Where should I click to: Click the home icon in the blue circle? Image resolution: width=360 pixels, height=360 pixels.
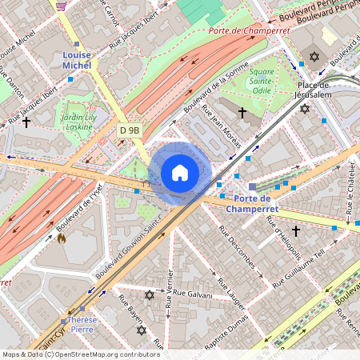tap(180, 173)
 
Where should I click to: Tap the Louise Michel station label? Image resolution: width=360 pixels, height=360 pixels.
tap(77, 60)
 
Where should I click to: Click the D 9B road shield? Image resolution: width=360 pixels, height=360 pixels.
tap(130, 130)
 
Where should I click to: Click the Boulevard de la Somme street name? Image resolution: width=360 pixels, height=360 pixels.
tap(211, 100)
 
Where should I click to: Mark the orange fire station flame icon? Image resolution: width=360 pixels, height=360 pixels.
tap(61, 238)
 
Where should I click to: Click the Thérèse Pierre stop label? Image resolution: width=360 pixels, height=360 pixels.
tap(82, 324)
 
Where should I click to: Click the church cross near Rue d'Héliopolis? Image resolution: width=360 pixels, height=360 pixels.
tap(295, 230)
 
